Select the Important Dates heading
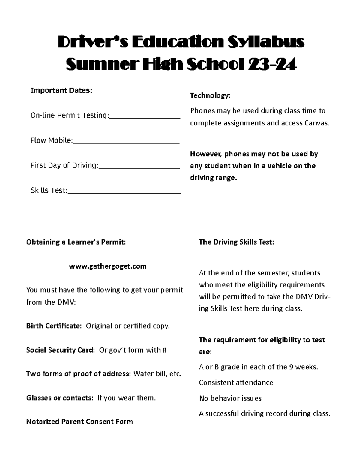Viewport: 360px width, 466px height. (61, 90)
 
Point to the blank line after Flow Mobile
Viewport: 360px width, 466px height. (126, 143)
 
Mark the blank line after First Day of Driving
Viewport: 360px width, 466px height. (139, 168)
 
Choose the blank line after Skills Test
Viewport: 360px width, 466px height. (124, 193)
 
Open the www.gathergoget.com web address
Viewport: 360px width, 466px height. (108, 266)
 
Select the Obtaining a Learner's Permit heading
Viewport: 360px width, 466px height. (76, 242)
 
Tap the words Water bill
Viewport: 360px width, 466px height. (150, 374)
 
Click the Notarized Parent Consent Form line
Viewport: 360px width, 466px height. (79, 422)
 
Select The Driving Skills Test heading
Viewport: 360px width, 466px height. (236, 242)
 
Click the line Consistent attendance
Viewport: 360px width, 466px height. (236, 383)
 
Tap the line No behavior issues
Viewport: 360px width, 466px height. (230, 398)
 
